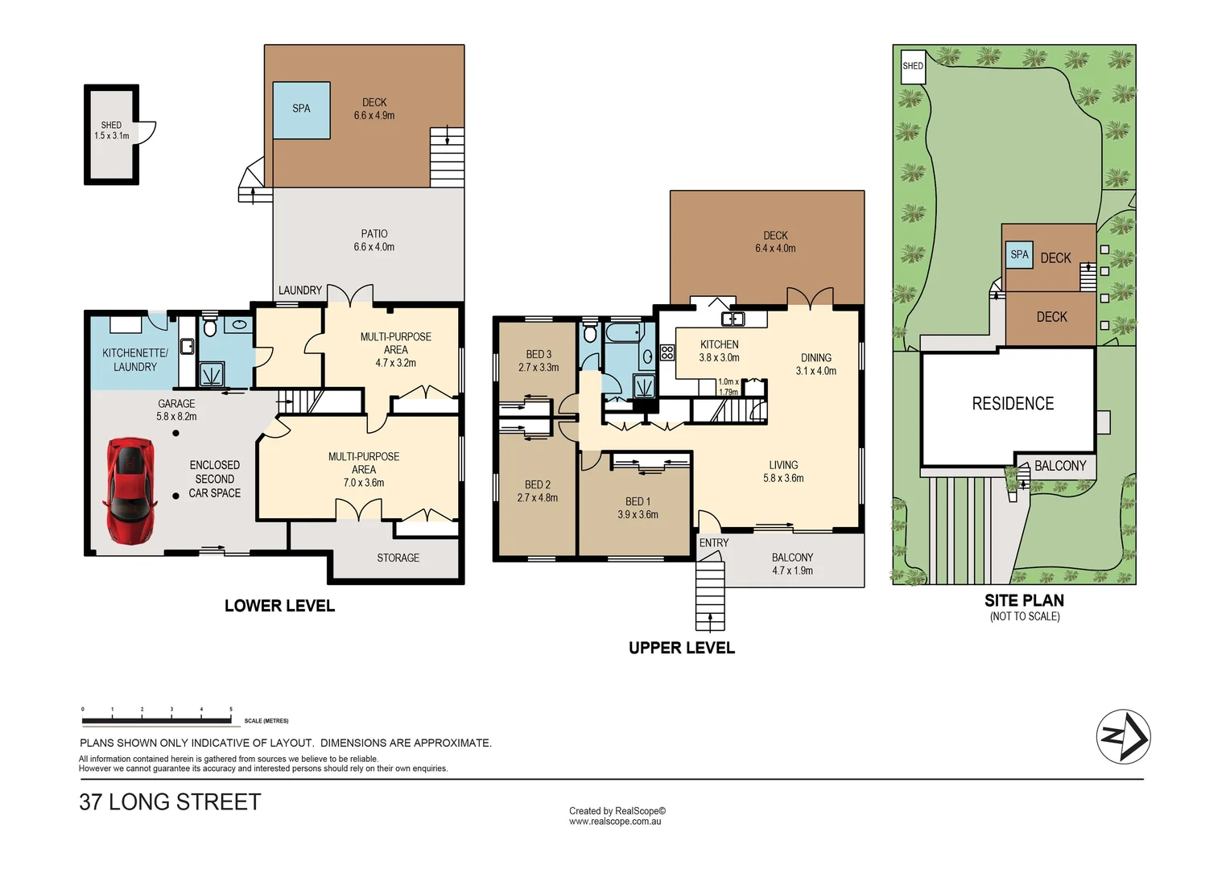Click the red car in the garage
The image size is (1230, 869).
[x=130, y=490]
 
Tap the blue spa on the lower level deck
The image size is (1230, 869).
[x=301, y=109]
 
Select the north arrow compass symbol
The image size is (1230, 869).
[x=1123, y=736]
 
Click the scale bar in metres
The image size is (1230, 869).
[x=157, y=719]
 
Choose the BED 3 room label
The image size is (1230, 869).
[x=539, y=360]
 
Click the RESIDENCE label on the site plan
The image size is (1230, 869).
[x=1012, y=404]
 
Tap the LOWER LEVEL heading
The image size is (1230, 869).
[x=279, y=606]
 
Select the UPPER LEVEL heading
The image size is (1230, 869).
[x=681, y=648]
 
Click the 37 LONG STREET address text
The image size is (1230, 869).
[x=170, y=802]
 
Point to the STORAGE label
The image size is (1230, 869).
[x=398, y=558]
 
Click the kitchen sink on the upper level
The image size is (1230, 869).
[x=733, y=319]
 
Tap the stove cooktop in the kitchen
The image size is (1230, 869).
[x=667, y=352]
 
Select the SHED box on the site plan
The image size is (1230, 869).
[x=913, y=67]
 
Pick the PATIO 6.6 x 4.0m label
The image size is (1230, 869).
[x=374, y=241]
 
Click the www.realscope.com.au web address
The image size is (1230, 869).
[x=615, y=822]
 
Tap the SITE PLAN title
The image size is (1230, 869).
[x=1024, y=600]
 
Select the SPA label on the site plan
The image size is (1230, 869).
[x=1019, y=255]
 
